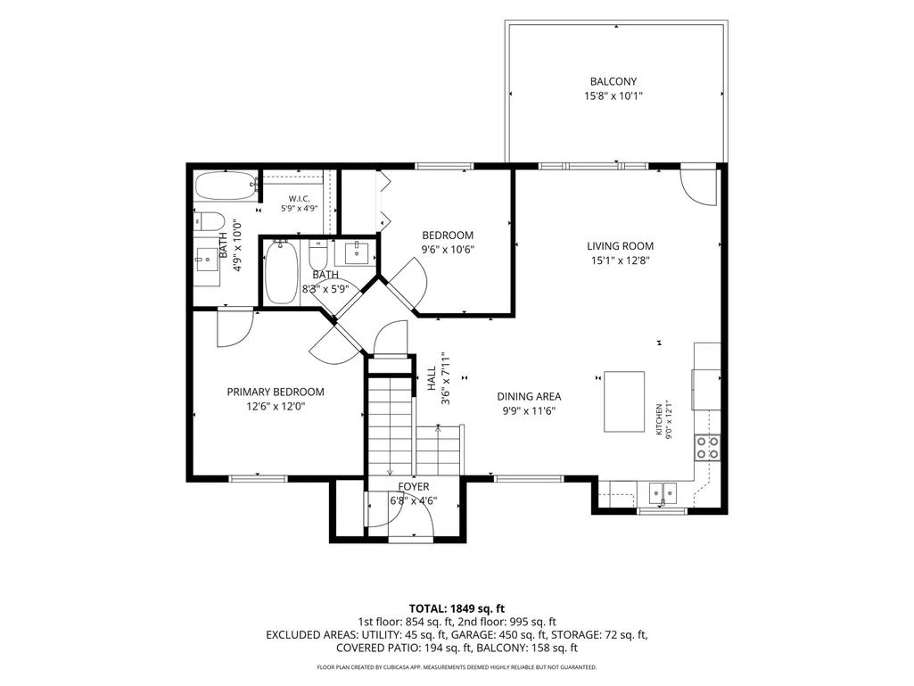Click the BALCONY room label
click(x=613, y=82)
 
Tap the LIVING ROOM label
click(x=621, y=246)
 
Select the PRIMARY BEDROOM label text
click(x=276, y=392)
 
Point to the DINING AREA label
click(x=530, y=397)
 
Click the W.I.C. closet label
click(x=299, y=199)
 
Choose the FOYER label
click(x=414, y=486)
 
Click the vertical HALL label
click(x=432, y=378)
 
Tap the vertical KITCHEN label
click(x=659, y=419)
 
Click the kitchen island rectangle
click(x=623, y=401)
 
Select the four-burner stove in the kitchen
click(x=707, y=448)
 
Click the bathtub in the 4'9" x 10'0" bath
click(x=226, y=186)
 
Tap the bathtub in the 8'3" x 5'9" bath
click(x=282, y=272)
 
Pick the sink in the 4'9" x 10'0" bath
click(x=206, y=260)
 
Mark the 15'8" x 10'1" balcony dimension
click(x=613, y=95)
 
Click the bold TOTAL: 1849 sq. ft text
click(x=457, y=609)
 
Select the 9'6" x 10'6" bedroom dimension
click(x=448, y=250)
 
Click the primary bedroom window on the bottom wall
click(x=259, y=479)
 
